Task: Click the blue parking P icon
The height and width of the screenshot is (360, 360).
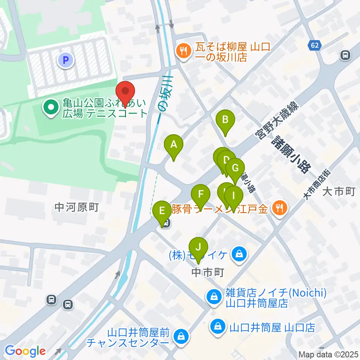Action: [x=66, y=60]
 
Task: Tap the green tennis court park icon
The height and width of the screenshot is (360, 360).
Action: [x=50, y=108]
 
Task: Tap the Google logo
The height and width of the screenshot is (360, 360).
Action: [x=25, y=351]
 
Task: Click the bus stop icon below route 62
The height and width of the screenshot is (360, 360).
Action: [x=345, y=55]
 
